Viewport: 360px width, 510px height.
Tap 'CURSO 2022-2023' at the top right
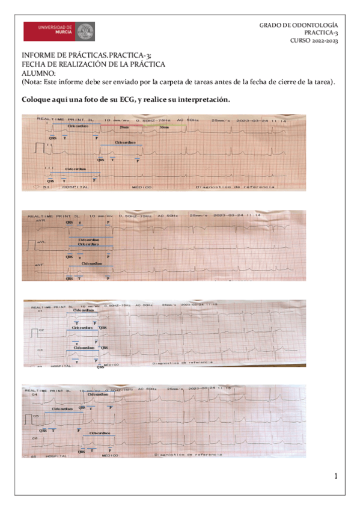point(314,41)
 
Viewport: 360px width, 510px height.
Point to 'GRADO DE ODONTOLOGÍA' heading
point(303,25)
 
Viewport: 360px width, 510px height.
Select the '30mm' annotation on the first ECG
point(164,127)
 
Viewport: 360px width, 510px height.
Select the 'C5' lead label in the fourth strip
point(36,416)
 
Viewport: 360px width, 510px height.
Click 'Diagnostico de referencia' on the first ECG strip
point(236,187)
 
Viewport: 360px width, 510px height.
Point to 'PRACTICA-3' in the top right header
point(321,33)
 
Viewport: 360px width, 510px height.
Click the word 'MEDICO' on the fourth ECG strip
point(110,455)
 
